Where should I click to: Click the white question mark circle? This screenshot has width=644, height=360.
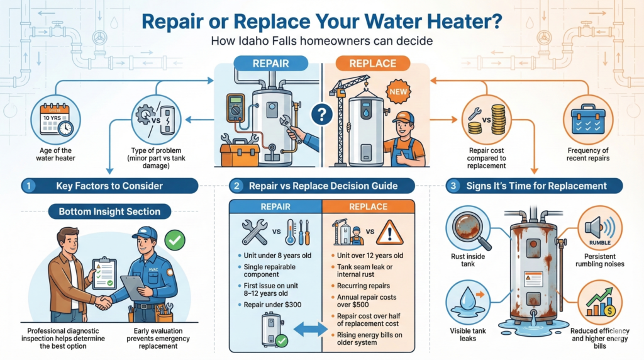tap(321, 115)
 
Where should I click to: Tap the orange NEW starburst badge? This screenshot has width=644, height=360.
tap(397, 92)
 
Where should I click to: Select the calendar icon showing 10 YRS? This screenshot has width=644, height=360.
tap(55, 120)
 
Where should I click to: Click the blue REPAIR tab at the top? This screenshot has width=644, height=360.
tap(270, 64)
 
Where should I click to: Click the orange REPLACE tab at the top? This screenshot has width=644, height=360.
tap(372, 64)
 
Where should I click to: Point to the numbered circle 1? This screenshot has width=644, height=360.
tap(28, 186)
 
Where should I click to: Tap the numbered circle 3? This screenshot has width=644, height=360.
tap(453, 186)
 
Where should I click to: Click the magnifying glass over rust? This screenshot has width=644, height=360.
tap(471, 229)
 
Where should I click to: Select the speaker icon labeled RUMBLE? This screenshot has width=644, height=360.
tap(599, 228)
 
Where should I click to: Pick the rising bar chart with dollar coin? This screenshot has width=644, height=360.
tap(601, 303)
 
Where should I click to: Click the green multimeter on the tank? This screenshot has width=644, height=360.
tap(236, 108)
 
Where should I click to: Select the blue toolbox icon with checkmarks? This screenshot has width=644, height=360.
tap(588, 120)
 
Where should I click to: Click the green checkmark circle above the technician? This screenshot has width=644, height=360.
tap(175, 240)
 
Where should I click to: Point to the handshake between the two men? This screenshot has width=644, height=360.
tap(103, 303)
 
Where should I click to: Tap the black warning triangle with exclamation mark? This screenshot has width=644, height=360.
tap(389, 233)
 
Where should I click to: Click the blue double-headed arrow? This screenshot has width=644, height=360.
tap(310, 330)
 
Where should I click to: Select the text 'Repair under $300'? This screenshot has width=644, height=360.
tap(272, 305)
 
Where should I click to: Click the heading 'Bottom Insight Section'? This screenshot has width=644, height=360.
tap(109, 211)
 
